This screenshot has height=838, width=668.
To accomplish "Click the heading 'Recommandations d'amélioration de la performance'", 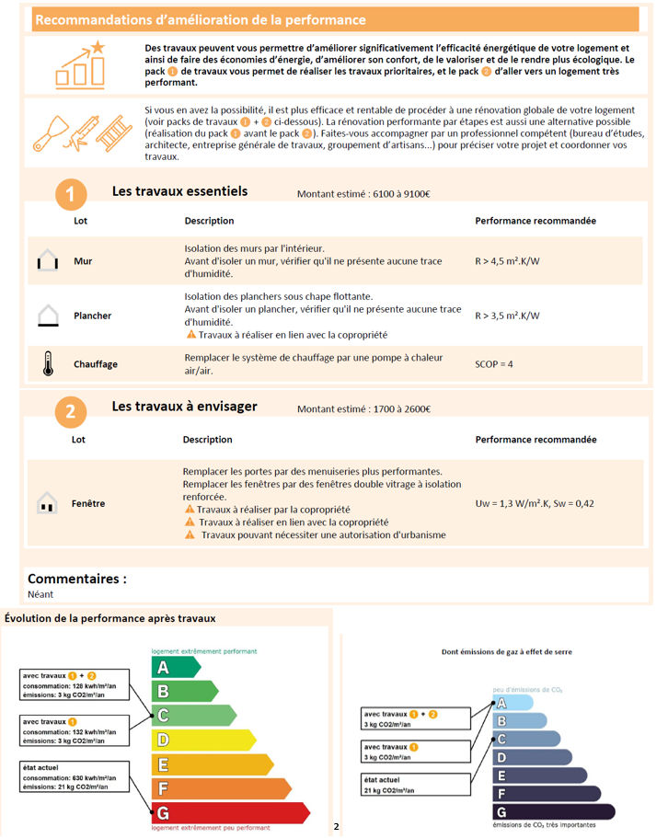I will coord(200,19).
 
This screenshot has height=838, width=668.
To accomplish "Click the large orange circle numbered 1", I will coord(71,194).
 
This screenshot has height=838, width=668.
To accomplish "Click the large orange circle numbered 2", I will coord(71,411).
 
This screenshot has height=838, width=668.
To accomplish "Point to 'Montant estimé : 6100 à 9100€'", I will coord(364,194).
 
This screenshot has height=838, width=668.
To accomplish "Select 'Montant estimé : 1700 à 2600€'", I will coord(364,409).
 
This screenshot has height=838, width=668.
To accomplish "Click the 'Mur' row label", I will coord(83,261).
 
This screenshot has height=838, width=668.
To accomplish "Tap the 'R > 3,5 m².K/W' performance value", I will coord(507,316).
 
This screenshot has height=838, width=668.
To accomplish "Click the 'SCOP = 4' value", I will coord(494,364).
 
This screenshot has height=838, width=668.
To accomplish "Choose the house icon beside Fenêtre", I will coord(46,503).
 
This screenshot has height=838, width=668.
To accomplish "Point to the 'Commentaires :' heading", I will coord(77,579).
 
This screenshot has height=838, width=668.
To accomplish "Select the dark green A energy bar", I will coord(175,667).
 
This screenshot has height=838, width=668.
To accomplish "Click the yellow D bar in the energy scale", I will coord(202,740).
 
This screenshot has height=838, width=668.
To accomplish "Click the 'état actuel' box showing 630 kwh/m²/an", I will coord(75,778).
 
